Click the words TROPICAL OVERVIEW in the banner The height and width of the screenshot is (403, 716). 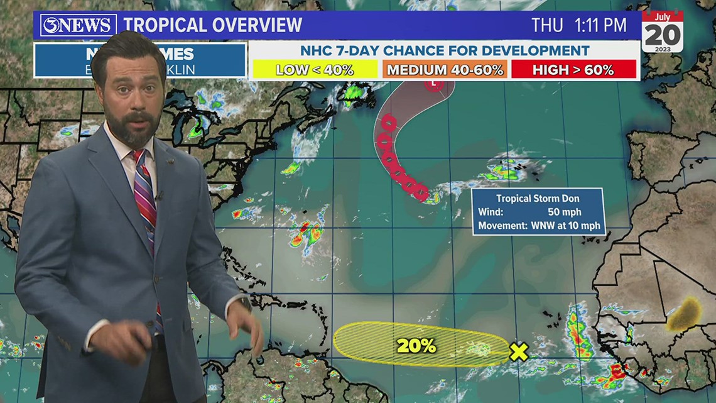(213, 25)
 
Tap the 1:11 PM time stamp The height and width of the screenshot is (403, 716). (600, 25)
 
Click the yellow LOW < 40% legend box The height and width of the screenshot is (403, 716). (315, 70)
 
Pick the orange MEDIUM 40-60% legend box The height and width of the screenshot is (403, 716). (445, 70)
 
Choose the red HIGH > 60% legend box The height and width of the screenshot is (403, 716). (573, 70)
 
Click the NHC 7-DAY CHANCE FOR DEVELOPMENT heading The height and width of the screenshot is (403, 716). (445, 50)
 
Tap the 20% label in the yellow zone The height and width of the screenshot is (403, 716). (416, 345)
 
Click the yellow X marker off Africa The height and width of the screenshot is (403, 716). (519, 352)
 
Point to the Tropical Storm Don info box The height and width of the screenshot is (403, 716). (538, 211)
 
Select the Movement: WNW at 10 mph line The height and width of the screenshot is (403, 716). (538, 225)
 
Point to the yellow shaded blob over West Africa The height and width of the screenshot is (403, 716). (683, 314)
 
